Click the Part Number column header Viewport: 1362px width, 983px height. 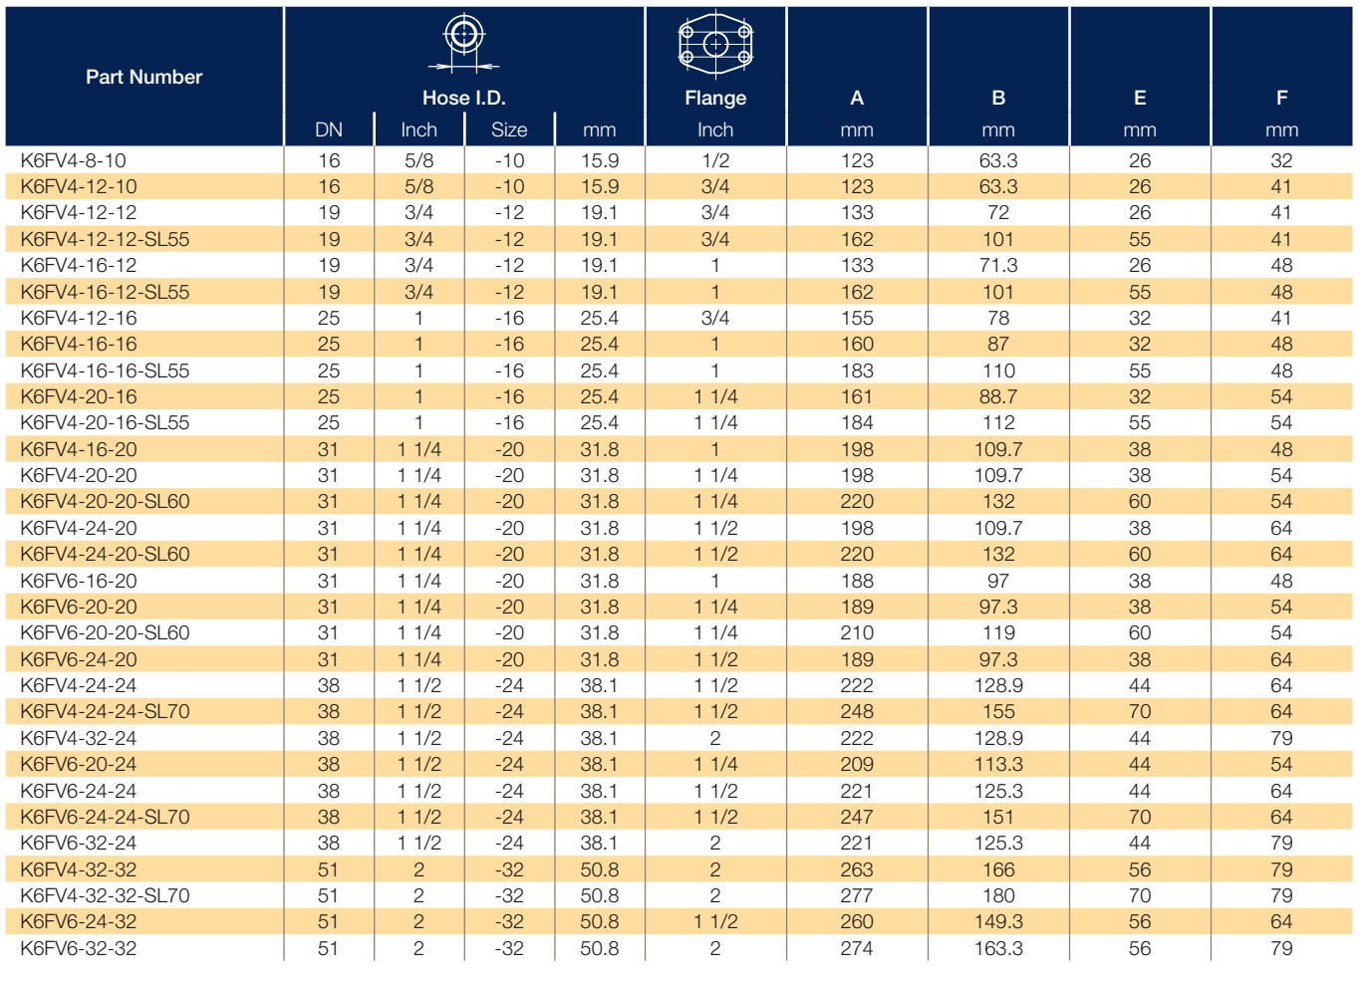click(143, 77)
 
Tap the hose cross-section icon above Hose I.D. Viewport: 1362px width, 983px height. click(464, 43)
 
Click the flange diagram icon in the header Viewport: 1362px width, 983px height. click(715, 45)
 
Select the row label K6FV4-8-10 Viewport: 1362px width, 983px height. click(73, 160)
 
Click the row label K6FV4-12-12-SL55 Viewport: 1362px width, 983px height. click(105, 239)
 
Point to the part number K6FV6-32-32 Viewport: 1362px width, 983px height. click(79, 948)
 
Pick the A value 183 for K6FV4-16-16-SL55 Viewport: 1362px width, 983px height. click(857, 370)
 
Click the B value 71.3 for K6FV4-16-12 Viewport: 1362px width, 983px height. click(998, 265)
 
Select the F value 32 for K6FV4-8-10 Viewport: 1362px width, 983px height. click(1281, 160)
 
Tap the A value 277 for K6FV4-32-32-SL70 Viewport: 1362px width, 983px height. click(857, 895)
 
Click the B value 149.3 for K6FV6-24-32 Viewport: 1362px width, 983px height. click(998, 921)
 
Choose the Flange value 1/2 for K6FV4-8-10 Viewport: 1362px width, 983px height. click(715, 160)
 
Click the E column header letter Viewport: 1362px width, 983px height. click(1140, 98)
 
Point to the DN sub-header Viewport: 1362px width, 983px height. click(329, 129)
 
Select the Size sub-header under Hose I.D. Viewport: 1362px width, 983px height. click(509, 129)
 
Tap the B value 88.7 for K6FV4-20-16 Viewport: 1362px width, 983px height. click(998, 396)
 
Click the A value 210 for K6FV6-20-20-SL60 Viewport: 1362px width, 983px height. click(857, 632)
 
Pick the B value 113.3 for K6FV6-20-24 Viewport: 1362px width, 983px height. click(998, 764)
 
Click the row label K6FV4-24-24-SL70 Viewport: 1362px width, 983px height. click(105, 711)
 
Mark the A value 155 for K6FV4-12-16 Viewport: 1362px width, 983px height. click(857, 318)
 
